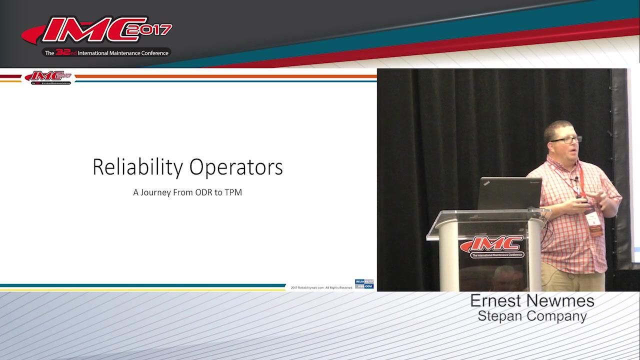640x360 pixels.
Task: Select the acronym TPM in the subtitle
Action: pos(233,192)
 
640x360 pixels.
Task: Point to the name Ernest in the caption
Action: pos(497,301)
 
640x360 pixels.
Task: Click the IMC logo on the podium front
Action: pos(492,246)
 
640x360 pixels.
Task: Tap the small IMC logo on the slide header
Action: pos(48,77)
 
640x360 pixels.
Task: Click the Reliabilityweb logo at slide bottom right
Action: pos(364,284)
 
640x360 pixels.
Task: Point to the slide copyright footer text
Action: pos(321,287)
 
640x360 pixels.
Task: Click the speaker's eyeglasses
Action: pos(566,139)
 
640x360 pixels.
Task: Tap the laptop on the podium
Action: pos(509,193)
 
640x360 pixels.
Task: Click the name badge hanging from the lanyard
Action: pos(593,222)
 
